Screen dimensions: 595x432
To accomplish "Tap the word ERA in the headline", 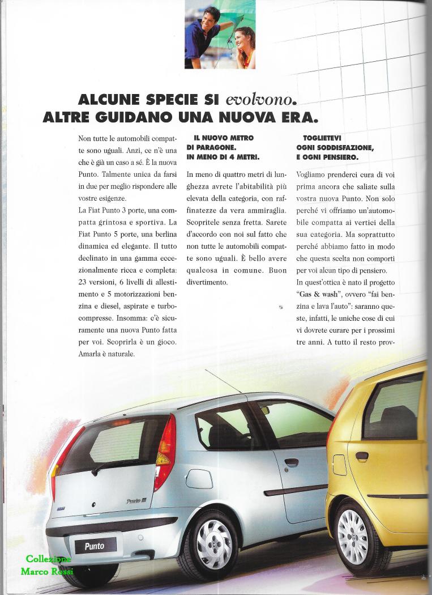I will (x=297, y=118).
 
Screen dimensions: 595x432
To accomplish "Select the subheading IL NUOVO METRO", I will (x=223, y=138).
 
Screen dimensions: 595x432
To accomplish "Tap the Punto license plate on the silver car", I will (x=95, y=546).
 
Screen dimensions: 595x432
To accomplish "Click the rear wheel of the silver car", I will (x=213, y=545).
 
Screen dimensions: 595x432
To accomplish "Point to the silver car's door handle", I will (x=292, y=462).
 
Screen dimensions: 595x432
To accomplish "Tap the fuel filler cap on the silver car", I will (x=199, y=479).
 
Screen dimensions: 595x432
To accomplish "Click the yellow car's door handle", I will (x=362, y=455).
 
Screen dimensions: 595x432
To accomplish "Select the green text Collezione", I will (x=48, y=560).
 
